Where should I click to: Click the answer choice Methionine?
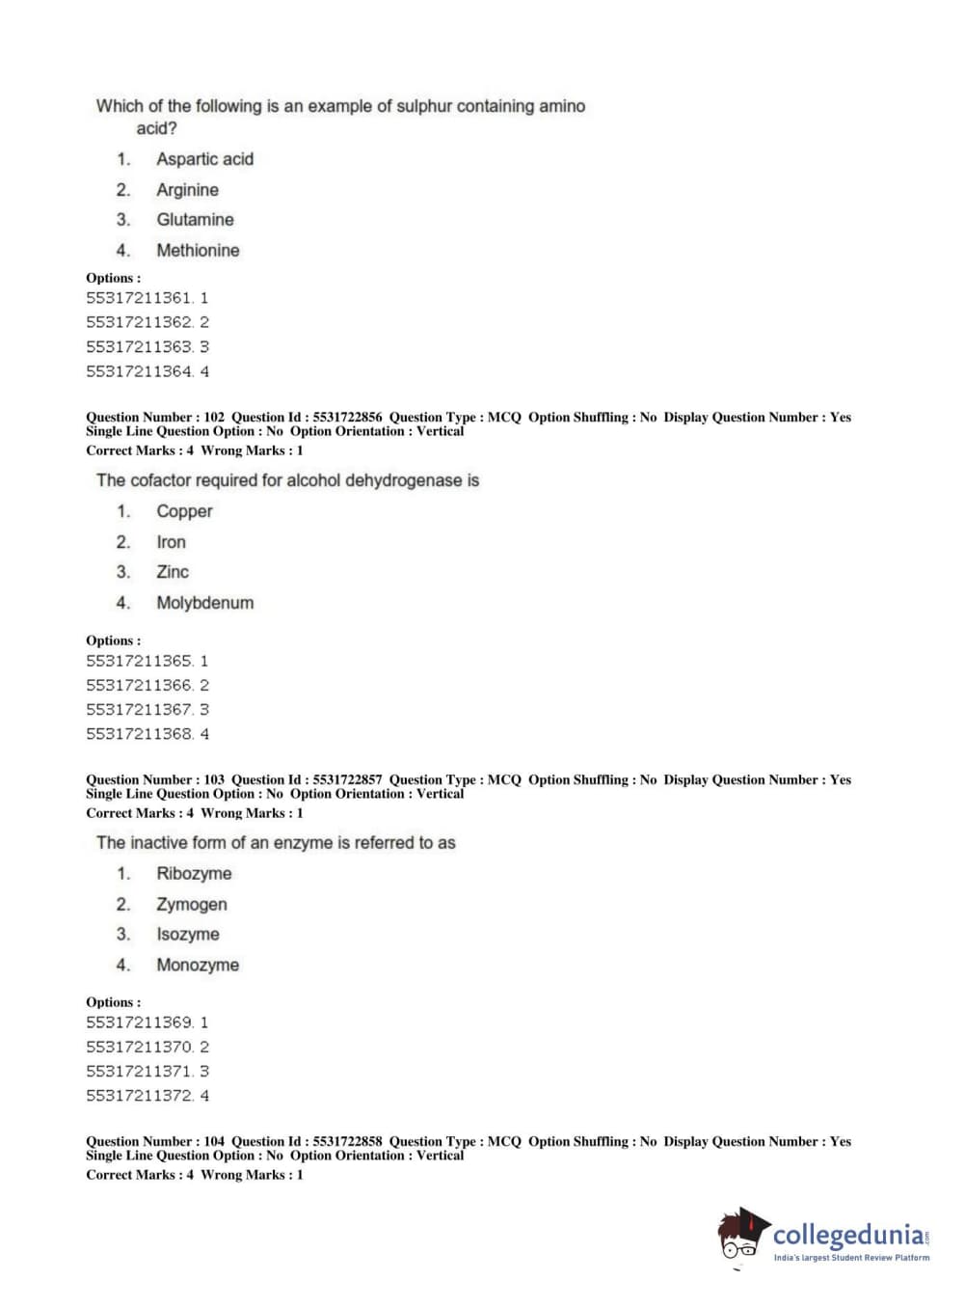tap(198, 251)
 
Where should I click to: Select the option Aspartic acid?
tap(204, 159)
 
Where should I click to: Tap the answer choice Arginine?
tap(187, 190)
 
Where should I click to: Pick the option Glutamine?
tap(195, 220)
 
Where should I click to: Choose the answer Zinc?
tap(173, 572)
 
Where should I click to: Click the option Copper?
tap(184, 511)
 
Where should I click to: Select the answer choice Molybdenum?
tap(204, 603)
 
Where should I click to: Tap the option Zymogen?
tap(192, 905)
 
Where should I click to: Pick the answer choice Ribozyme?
tap(194, 874)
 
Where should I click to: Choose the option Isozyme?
tap(188, 935)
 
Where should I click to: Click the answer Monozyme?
tap(198, 966)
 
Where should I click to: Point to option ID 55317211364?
tap(139, 372)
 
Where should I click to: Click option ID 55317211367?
tap(139, 710)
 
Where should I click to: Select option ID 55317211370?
tap(139, 1048)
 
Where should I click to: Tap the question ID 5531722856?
tap(347, 418)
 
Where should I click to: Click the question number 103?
tap(214, 779)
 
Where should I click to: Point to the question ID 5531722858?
tap(347, 1141)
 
